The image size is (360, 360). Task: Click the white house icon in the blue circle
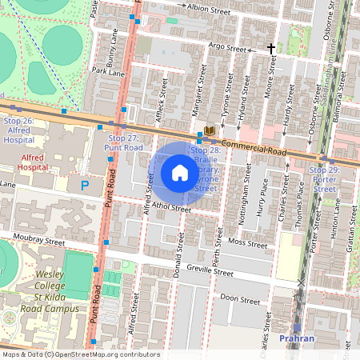180,173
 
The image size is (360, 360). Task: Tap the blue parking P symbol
85,186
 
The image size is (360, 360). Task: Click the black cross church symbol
271,49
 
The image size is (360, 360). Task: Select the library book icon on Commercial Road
210,130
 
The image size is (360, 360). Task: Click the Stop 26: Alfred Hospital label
18,130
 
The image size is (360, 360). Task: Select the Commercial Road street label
254,147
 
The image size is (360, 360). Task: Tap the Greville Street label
210,271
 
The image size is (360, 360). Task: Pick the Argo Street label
226,47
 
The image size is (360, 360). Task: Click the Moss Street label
246,242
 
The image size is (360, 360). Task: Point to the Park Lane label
108,72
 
